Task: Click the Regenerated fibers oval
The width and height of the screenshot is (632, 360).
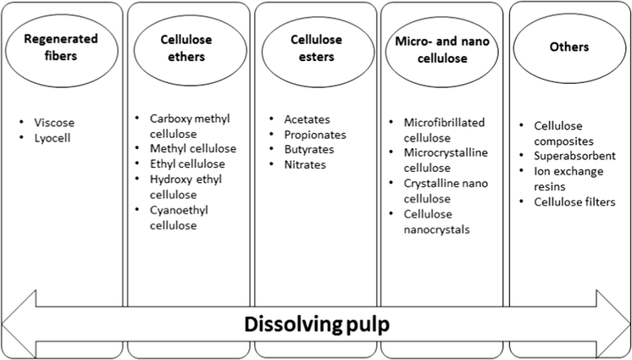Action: [x=60, y=47]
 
